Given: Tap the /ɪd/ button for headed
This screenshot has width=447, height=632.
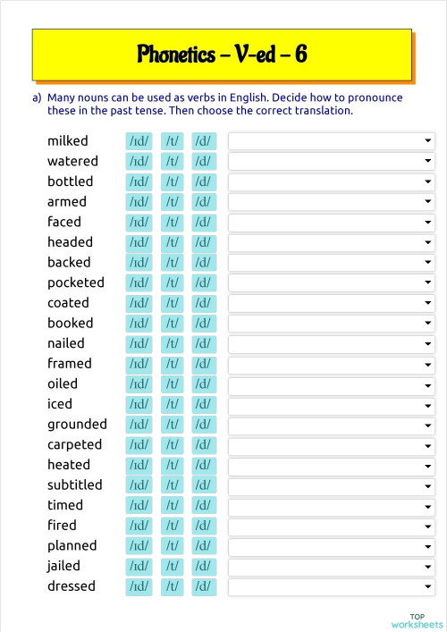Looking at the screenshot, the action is (x=139, y=242).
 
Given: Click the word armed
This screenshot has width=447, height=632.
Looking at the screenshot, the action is (x=67, y=202).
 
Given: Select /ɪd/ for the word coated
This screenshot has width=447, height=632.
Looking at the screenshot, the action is (x=139, y=303).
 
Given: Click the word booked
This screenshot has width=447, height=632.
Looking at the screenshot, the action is (x=70, y=324).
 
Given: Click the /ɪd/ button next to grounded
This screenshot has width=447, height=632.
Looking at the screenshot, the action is (x=139, y=425).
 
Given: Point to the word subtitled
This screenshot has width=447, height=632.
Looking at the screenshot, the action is (x=75, y=485).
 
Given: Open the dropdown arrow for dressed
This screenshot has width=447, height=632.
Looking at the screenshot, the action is (x=428, y=587).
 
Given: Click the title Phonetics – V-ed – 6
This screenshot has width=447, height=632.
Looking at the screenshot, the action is (x=223, y=55).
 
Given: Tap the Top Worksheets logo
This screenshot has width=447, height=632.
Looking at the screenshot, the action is (x=417, y=620).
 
